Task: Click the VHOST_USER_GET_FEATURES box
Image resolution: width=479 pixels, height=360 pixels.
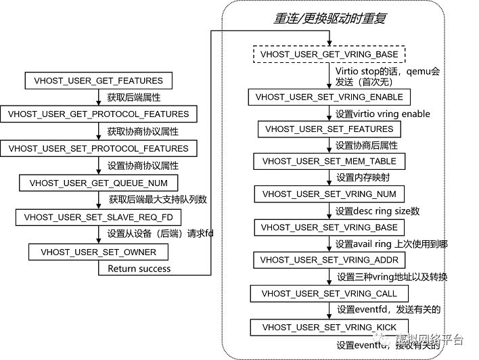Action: pyautogui.click(x=99, y=81)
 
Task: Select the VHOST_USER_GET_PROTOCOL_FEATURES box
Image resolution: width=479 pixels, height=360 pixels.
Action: pyautogui.click(x=99, y=113)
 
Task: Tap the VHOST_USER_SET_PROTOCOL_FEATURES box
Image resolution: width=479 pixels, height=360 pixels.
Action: pyautogui.click(x=99, y=148)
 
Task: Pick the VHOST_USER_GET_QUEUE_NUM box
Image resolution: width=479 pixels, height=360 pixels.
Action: pyautogui.click(x=99, y=183)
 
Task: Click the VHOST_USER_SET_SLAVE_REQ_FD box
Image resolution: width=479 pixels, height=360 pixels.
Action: pyautogui.click(x=99, y=217)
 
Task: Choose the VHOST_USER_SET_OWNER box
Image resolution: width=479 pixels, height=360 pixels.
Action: pyautogui.click(x=99, y=252)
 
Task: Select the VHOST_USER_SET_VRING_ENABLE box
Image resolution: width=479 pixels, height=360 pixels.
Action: pyautogui.click(x=329, y=97)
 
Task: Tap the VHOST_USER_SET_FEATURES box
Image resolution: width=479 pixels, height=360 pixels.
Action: pyautogui.click(x=329, y=129)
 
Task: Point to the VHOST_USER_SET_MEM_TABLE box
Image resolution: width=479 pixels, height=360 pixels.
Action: pyautogui.click(x=329, y=162)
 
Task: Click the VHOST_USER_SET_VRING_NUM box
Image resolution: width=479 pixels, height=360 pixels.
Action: pyautogui.click(x=329, y=194)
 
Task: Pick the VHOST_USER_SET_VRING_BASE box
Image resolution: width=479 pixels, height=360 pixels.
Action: pyautogui.click(x=329, y=227)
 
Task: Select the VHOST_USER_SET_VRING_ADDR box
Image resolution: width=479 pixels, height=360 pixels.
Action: pyautogui.click(x=329, y=260)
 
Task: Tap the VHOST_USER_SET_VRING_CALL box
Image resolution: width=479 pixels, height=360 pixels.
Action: pyautogui.click(x=329, y=294)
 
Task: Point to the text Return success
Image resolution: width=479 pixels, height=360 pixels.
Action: pyautogui.click(x=139, y=269)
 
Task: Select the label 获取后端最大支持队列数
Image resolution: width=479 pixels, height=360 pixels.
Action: pyautogui.click(x=158, y=200)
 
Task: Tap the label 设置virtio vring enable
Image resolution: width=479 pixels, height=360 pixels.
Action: pyautogui.click(x=382, y=113)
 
